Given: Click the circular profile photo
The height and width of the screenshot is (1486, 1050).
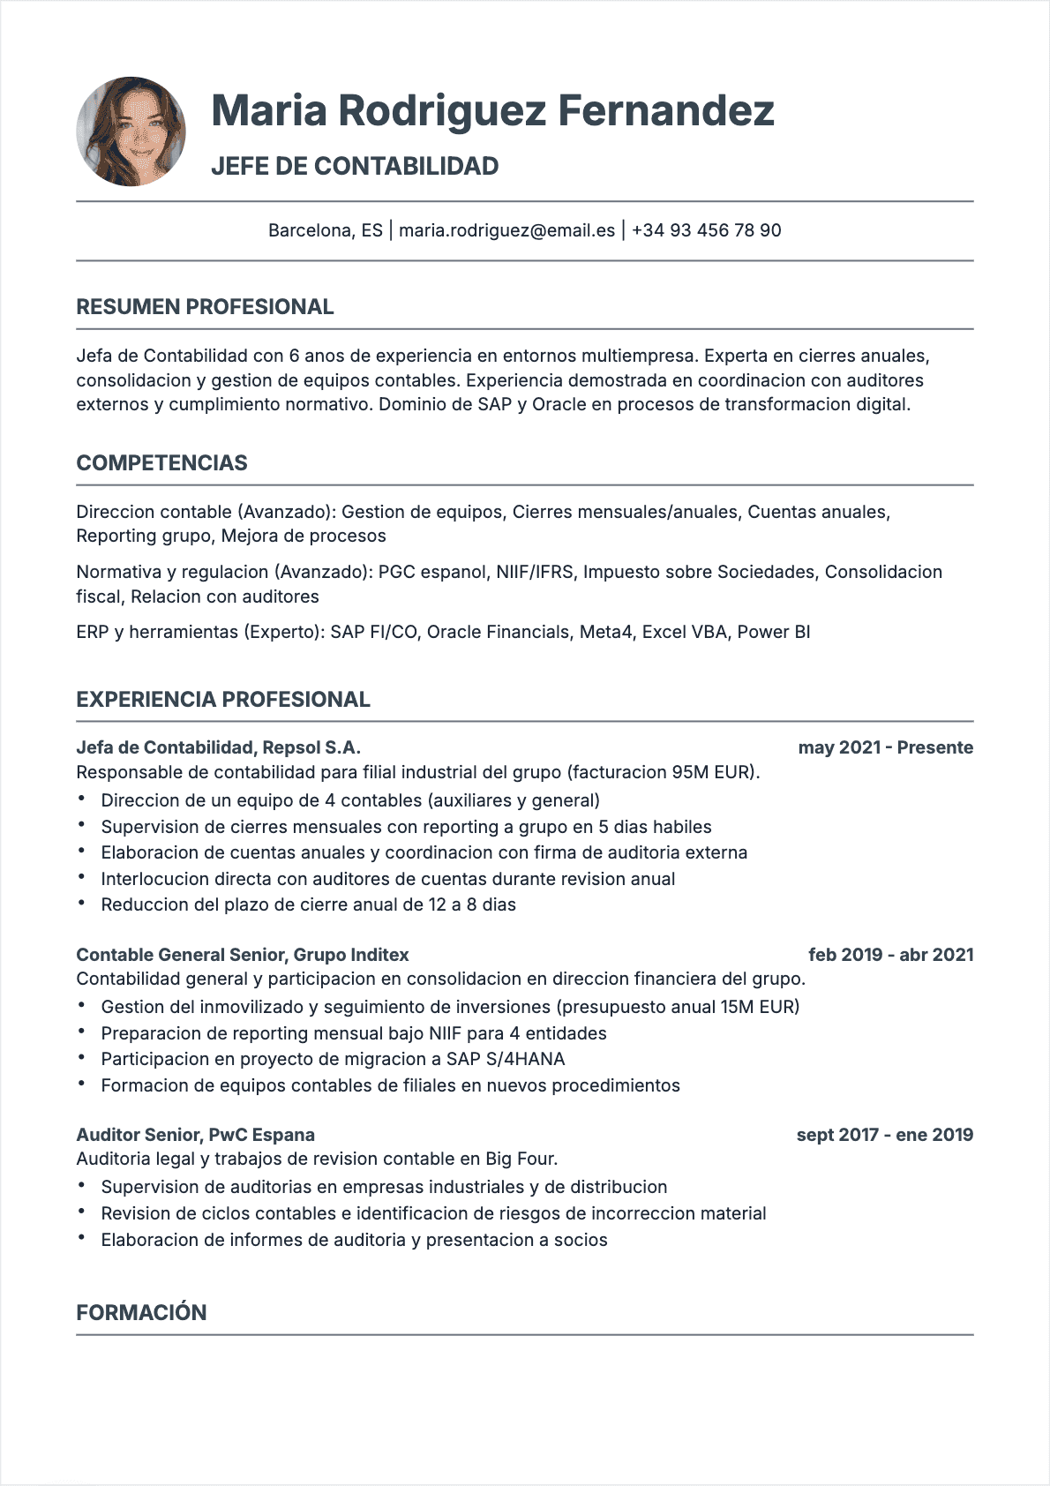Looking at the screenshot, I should click(x=131, y=131).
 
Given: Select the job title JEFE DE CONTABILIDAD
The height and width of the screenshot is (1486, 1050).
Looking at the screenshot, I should click(x=355, y=166).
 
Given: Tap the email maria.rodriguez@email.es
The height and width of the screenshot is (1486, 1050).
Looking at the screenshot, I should click(x=506, y=230).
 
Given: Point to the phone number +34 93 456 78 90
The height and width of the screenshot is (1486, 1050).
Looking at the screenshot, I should click(x=706, y=230).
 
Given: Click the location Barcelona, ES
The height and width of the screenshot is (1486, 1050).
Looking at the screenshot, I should click(x=325, y=230).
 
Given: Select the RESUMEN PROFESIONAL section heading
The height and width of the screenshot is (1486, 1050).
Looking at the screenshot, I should click(x=205, y=307).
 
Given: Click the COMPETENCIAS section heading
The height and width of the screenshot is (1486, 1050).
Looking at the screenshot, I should click(x=161, y=463).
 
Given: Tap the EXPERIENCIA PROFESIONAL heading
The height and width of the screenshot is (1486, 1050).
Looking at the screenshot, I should click(x=223, y=700).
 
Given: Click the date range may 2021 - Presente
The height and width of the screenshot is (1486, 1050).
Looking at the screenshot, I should click(x=885, y=747).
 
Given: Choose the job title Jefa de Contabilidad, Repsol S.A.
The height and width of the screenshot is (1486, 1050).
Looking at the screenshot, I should click(x=218, y=747).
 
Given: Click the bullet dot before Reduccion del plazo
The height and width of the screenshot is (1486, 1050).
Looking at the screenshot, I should click(x=81, y=904).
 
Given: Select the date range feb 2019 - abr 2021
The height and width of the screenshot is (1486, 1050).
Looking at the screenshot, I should click(x=890, y=955).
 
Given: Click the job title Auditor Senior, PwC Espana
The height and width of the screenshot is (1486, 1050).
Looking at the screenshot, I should click(x=195, y=1135).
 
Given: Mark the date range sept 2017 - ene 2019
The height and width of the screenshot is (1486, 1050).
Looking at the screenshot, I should click(x=884, y=1135).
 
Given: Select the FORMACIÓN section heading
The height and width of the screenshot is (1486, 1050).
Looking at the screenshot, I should click(x=141, y=1313).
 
